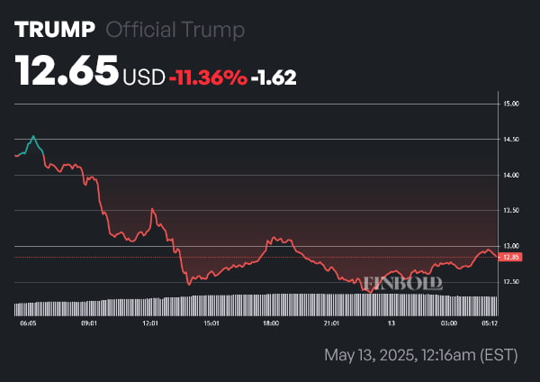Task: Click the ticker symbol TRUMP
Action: pos(54,29)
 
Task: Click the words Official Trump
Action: pos(175,30)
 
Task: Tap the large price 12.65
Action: pos(67,70)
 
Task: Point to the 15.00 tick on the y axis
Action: pos(512,105)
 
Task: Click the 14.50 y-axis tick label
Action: pos(512,140)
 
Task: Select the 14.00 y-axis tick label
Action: pos(512,175)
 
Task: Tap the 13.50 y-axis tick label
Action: pos(512,211)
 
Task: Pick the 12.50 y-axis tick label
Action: pos(512,282)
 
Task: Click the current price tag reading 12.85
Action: pos(511,257)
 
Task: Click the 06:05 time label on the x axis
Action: pos(28,322)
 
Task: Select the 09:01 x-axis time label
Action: pos(89,322)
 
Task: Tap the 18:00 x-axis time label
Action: pos(269,322)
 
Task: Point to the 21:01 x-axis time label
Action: pos(330,322)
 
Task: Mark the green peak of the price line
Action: pos(33,137)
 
